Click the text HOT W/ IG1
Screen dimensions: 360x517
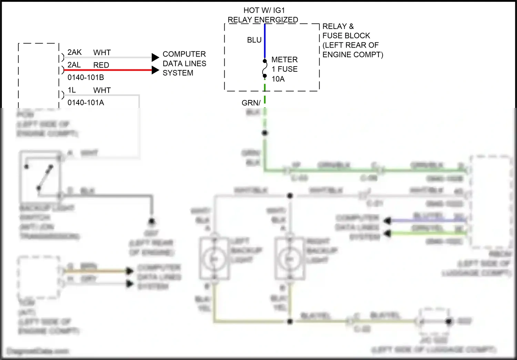[264, 10]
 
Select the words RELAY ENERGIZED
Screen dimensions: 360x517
[263, 20]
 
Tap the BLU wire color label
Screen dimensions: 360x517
[254, 40]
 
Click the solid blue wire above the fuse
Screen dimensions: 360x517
[265, 41]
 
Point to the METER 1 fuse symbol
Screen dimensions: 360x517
[265, 69]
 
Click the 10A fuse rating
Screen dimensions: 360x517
[278, 79]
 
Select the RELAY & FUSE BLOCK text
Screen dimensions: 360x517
[346, 31]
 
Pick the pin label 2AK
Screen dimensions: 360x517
[74, 52]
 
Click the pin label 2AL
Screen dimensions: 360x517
[74, 65]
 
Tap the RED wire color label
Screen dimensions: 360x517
[101, 65]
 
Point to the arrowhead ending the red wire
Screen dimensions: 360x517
[155, 70]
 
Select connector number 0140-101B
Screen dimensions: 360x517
[85, 78]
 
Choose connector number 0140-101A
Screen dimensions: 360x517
[85, 103]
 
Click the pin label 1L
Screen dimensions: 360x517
[72, 90]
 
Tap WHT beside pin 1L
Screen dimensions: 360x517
[102, 90]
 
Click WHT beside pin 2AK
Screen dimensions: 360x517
[102, 53]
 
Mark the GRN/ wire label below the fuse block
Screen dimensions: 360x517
[251, 103]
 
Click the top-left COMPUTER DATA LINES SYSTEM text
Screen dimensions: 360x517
[184, 63]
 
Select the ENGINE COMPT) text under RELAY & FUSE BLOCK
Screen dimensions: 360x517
[353, 54]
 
